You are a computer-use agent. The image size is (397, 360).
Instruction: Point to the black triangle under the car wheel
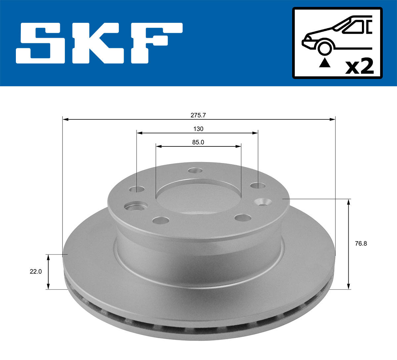click(325, 62)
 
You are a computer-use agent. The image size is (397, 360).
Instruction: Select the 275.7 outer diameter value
click(198, 115)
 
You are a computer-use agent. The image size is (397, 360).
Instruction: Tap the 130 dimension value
click(198, 129)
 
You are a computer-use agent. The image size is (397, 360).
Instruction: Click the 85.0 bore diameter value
click(198, 142)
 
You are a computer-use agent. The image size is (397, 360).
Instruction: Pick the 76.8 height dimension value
click(361, 244)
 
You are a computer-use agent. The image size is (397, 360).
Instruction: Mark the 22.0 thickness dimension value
click(36, 271)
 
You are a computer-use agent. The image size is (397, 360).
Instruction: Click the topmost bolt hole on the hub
click(195, 171)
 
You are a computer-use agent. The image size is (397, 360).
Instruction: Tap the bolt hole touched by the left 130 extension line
click(137, 189)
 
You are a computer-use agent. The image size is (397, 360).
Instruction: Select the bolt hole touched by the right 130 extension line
click(258, 186)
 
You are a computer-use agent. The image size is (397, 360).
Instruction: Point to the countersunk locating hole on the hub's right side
click(263, 202)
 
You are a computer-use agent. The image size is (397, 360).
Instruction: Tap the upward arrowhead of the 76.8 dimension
click(348, 202)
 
